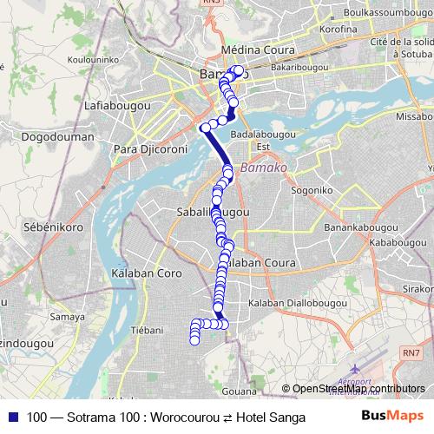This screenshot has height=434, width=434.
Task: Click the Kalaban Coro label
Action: [146, 273]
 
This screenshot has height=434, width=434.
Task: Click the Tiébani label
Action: [146, 330]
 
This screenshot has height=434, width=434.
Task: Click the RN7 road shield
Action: [410, 352]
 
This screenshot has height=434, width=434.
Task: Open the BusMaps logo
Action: [392, 417]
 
